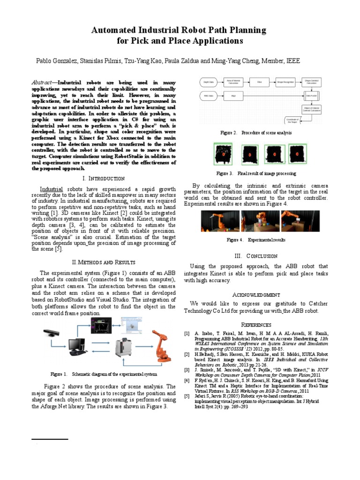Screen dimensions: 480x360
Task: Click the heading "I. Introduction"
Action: click(103, 179)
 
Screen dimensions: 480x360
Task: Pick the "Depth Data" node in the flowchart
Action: click(209, 82)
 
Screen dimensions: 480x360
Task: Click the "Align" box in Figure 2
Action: click(233, 96)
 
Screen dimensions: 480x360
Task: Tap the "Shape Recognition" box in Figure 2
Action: click(285, 82)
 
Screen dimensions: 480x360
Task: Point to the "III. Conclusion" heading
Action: click(256, 255)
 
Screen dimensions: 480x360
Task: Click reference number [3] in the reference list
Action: click(187, 370)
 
